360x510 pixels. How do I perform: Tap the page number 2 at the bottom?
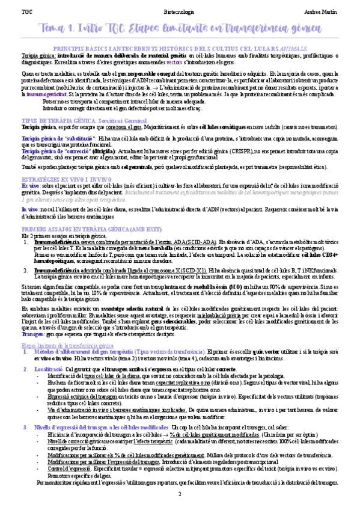(x=179, y=494)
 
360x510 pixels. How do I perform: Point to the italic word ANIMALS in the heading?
(x=299, y=46)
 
